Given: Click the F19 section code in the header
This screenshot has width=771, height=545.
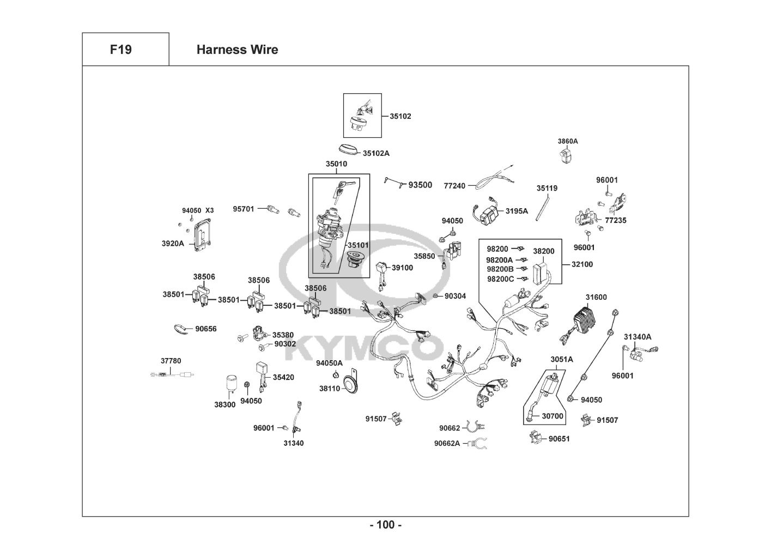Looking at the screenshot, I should (120, 50).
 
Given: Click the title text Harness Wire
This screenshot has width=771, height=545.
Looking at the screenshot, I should (237, 50).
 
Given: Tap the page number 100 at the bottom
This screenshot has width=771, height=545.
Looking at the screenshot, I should (385, 525).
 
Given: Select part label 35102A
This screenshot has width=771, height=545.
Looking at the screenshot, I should (376, 153).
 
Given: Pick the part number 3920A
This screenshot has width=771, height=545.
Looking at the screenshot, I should (173, 244).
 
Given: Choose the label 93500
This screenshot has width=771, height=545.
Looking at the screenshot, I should (420, 185).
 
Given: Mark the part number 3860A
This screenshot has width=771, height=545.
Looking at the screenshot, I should (567, 141).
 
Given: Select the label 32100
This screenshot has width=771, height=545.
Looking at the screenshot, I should (582, 264).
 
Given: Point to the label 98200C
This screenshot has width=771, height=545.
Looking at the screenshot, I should (500, 279).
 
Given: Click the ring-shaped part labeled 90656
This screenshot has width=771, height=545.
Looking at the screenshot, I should (179, 329).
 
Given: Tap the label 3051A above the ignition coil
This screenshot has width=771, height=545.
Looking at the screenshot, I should (561, 359).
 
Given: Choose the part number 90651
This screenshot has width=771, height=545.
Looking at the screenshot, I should (559, 438).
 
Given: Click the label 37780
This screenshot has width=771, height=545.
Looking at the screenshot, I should (171, 361).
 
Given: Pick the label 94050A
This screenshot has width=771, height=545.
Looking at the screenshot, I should (329, 363).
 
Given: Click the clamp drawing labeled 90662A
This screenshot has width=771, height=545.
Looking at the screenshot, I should (478, 443).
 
